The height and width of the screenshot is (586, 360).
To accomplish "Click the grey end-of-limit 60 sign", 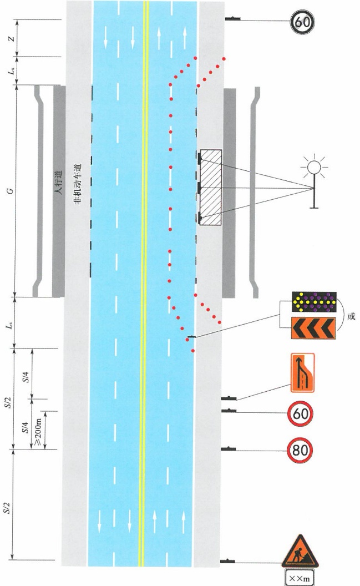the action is (302, 22).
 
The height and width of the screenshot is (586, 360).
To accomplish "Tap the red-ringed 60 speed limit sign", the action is (300, 414).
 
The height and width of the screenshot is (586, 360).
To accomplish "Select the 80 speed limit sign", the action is (300, 451).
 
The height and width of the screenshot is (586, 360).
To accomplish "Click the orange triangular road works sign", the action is (300, 552).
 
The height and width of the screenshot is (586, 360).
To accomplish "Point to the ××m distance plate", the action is (300, 578).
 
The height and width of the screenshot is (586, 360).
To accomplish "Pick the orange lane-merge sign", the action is (302, 372).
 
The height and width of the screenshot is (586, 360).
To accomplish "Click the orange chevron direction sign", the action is (313, 328).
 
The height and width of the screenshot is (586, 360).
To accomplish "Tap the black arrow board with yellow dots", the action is (314, 301).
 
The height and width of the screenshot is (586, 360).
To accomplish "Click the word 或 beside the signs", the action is (351, 316).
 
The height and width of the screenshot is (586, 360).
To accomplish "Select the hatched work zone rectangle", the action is (211, 187).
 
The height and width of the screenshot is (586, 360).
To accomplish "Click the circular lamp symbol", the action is (314, 168).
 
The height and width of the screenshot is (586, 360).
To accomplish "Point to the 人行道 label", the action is (58, 183).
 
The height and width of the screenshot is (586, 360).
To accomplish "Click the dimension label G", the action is (11, 190).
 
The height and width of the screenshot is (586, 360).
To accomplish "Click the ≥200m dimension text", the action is (38, 430).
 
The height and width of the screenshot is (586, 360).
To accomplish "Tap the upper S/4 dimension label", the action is (24, 377).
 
